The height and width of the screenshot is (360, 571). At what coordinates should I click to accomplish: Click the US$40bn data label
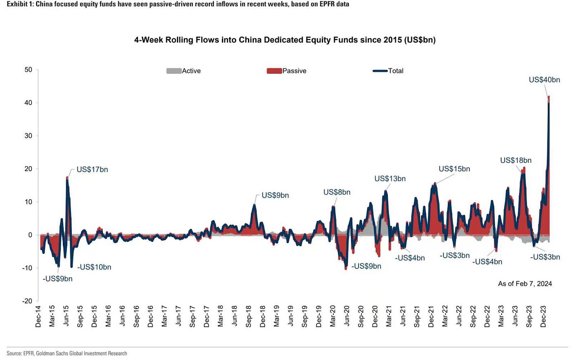(x=544, y=80)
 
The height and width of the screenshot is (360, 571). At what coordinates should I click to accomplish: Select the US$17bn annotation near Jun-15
(x=92, y=170)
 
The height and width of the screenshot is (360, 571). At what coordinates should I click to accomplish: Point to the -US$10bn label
(x=95, y=267)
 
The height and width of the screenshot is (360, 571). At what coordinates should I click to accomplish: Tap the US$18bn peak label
(x=516, y=161)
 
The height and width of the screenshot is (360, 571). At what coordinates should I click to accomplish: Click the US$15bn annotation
(x=454, y=169)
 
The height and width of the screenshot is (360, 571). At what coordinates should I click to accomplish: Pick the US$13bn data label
(x=390, y=179)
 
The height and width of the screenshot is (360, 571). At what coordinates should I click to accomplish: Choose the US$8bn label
(x=336, y=192)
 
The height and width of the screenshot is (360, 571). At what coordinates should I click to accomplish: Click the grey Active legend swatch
(x=173, y=71)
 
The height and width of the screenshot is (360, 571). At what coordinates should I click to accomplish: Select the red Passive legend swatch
(x=274, y=71)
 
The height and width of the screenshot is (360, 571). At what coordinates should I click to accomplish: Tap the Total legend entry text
(x=395, y=71)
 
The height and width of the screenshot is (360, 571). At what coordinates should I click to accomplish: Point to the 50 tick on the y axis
(x=28, y=70)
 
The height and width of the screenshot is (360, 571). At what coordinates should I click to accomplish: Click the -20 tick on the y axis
(x=27, y=301)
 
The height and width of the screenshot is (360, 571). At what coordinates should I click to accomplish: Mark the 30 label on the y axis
(x=28, y=136)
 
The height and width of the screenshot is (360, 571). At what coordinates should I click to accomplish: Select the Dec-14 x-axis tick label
(x=38, y=316)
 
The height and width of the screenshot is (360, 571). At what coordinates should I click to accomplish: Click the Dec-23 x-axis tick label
(x=543, y=316)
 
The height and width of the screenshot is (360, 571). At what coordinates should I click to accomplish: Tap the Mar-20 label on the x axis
(x=333, y=316)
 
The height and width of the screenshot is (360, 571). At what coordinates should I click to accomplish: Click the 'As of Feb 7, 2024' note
(x=525, y=284)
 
